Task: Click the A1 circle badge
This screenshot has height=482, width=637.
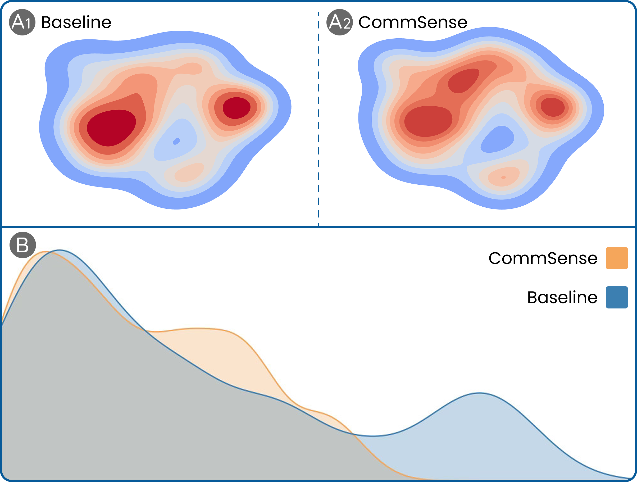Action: click(22, 22)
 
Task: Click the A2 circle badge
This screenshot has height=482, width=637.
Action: click(339, 22)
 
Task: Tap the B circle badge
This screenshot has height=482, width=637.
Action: click(23, 245)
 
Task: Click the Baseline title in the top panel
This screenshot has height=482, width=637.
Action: click(76, 22)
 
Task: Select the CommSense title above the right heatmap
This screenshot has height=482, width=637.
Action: click(413, 22)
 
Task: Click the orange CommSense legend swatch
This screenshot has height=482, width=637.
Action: click(617, 258)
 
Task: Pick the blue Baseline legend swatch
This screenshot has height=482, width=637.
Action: click(617, 297)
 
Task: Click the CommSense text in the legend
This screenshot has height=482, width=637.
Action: click(543, 258)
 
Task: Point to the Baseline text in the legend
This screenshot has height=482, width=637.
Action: click(562, 297)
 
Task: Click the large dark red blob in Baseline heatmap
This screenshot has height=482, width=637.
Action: click(111, 127)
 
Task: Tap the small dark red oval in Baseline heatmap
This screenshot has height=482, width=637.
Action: click(236, 108)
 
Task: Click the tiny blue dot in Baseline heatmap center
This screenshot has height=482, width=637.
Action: click(176, 141)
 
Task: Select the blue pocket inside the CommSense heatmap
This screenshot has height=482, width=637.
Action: click(497, 140)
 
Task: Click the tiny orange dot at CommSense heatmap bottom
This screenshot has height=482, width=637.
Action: click(503, 177)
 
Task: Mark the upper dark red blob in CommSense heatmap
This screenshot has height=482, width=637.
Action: click(464, 81)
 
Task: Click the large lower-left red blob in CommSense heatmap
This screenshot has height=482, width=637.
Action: click(428, 121)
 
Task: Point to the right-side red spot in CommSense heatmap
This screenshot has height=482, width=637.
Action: click(552, 107)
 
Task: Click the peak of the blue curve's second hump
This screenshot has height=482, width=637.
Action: click(480, 393)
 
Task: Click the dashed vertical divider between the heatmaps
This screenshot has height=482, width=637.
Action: click(318, 115)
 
